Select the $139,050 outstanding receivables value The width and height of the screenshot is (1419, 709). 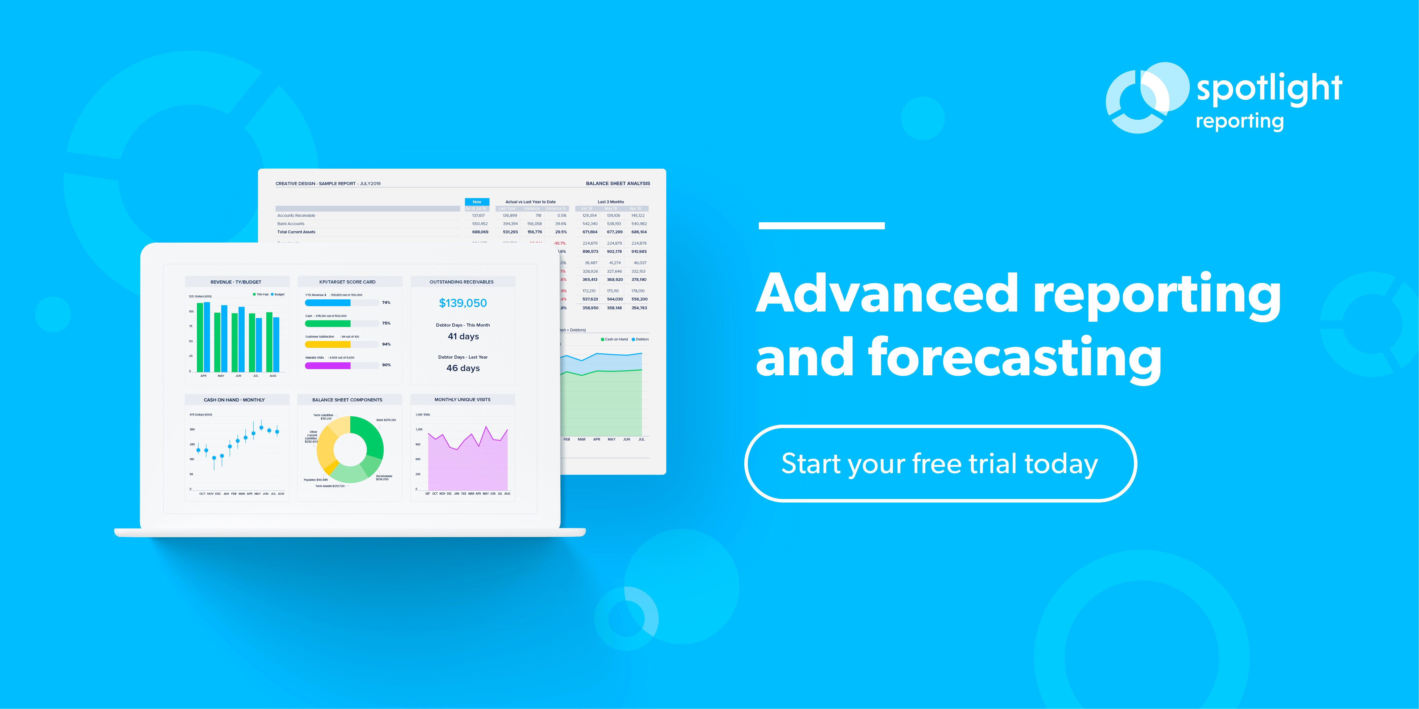pyautogui.click(x=463, y=303)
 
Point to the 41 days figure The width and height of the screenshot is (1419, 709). pyautogui.click(x=463, y=336)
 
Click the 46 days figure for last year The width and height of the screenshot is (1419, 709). pyautogui.click(x=463, y=368)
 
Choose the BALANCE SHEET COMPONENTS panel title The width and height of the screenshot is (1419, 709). pyautogui.click(x=347, y=400)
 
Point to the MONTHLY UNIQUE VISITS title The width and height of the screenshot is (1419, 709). pyautogui.click(x=462, y=400)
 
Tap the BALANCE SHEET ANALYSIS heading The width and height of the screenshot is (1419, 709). pyautogui.click(x=617, y=183)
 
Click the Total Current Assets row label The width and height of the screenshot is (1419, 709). pyautogui.click(x=296, y=232)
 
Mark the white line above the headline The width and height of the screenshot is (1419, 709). pyautogui.click(x=821, y=226)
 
